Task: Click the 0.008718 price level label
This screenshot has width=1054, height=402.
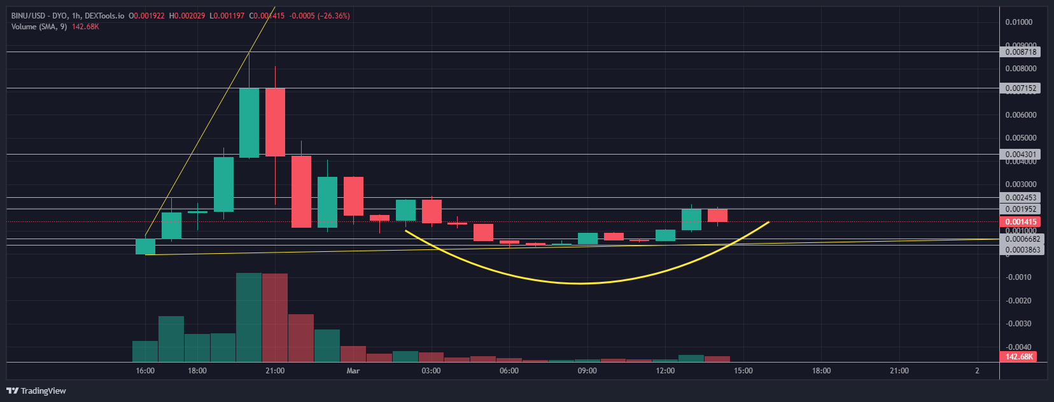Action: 1021,52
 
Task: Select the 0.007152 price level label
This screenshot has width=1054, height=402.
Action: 1021,88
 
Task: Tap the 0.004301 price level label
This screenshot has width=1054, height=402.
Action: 1021,155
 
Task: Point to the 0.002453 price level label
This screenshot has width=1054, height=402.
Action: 1021,198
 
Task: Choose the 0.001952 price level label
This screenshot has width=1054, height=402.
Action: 1021,209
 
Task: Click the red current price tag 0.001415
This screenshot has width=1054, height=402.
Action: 1021,222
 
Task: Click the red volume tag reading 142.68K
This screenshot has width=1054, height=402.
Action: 1019,357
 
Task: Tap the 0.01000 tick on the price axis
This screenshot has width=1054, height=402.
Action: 1018,22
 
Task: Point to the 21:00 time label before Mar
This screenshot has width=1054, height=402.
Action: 275,371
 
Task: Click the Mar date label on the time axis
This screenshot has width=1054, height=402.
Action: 353,371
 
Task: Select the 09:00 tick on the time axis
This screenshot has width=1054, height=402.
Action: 587,371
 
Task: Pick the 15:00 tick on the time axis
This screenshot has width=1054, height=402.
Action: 743,371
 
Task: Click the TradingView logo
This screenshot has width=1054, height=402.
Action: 36,391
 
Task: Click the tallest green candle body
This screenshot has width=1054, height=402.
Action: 249,122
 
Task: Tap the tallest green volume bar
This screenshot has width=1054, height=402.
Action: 249,317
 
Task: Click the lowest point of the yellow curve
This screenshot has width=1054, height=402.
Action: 580,283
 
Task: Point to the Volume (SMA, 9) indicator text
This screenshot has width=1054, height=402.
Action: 39,27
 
